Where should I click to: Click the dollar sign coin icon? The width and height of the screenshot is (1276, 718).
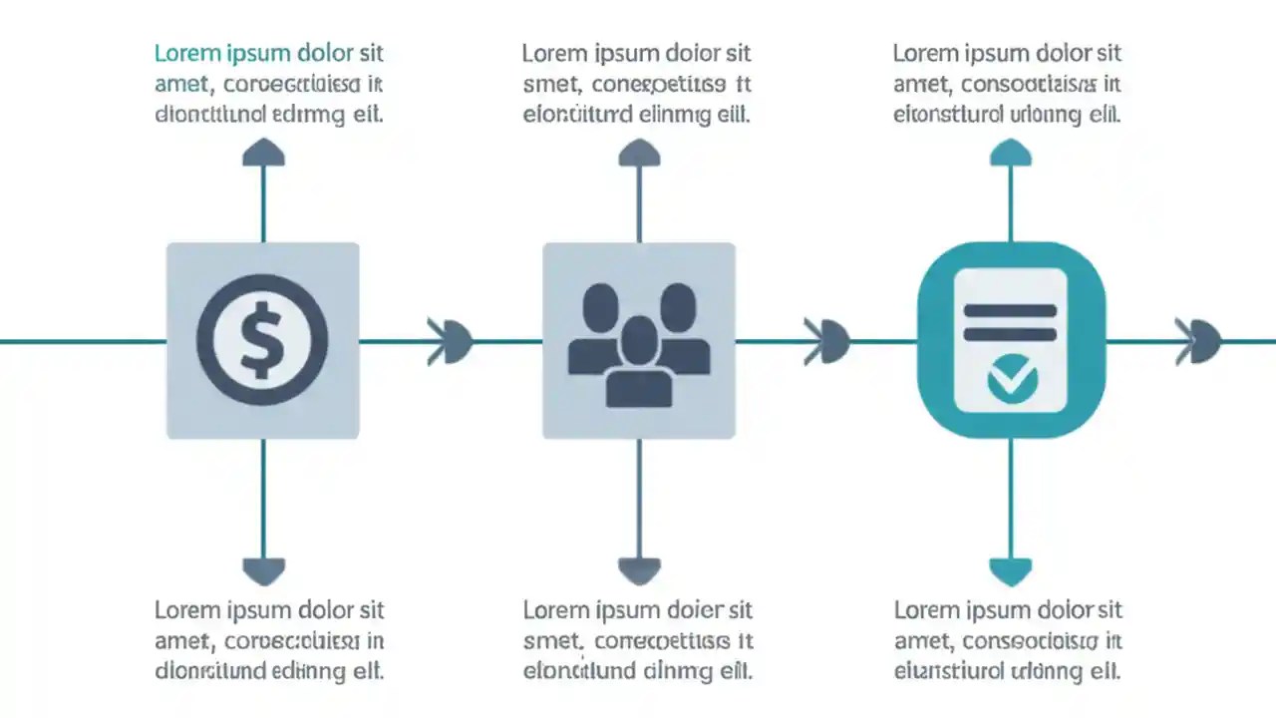click(262, 340)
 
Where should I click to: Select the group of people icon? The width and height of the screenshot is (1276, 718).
click(638, 344)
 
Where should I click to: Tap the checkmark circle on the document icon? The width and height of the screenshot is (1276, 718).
click(1011, 378)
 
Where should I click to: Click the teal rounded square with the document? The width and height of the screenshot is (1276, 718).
click(1011, 340)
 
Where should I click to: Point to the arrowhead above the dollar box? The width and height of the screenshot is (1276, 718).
click(263, 153)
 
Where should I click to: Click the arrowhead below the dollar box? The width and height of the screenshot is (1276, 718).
click(263, 570)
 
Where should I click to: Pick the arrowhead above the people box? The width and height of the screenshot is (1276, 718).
click(639, 153)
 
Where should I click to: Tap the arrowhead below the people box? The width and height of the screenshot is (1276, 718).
click(639, 570)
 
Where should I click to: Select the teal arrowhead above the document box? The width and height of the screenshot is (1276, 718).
click(1011, 153)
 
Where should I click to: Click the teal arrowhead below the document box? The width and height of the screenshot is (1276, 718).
click(1011, 570)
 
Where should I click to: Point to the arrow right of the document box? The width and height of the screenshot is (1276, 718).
click(1199, 341)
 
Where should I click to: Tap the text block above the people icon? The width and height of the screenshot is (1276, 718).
click(638, 84)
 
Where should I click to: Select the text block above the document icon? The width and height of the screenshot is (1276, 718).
click(1007, 84)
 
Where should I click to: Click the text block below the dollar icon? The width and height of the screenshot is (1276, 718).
click(269, 639)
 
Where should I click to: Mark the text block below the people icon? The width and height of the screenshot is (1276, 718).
click(638, 639)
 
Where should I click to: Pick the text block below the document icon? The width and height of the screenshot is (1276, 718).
click(1008, 639)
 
